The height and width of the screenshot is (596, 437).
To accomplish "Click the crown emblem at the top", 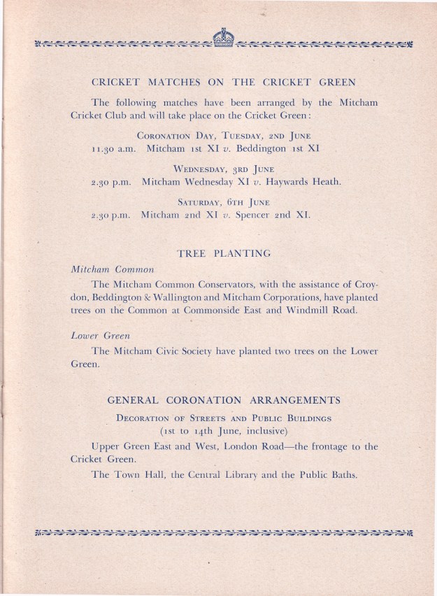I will coord(224,38).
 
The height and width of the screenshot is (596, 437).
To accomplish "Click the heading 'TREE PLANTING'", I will coord(224,253).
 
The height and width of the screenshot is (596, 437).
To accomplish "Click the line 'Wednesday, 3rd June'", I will coord(224,169).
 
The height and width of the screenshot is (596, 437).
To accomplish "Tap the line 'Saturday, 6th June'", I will coord(224,201).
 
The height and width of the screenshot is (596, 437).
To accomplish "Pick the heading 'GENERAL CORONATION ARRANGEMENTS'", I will coord(224,401).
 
